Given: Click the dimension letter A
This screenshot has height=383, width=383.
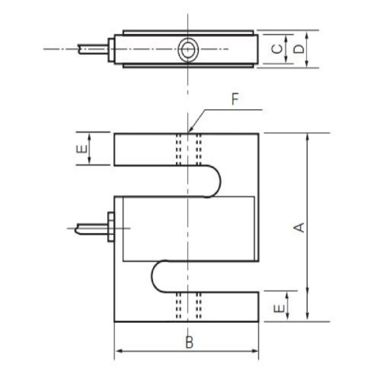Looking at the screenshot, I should (x=301, y=227).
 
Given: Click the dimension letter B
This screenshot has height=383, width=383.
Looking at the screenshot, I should (x=188, y=342).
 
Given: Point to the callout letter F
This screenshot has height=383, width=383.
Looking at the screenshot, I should (x=235, y=100).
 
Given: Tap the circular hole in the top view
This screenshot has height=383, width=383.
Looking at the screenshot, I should (x=188, y=49).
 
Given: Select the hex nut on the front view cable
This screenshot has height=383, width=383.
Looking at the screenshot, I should (x=111, y=227).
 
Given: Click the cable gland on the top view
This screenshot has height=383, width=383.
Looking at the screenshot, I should (x=111, y=49).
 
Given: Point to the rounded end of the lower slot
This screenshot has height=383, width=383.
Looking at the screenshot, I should (x=158, y=277).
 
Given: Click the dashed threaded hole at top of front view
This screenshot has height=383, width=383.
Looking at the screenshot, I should (x=188, y=149).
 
